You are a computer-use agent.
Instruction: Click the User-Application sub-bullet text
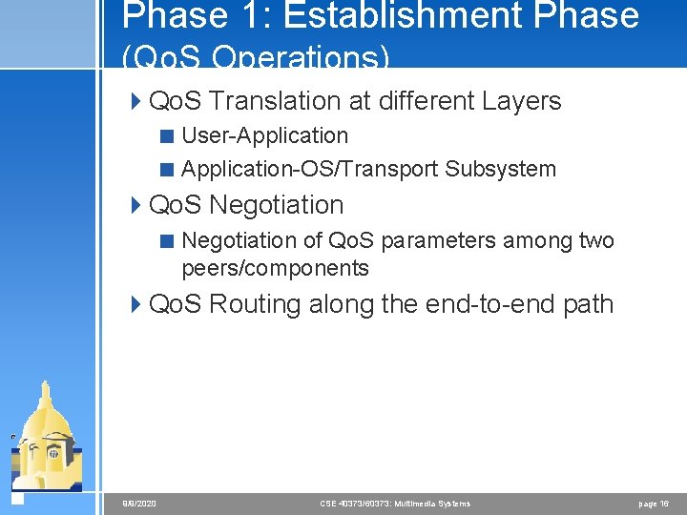pyautogui.click(x=264, y=136)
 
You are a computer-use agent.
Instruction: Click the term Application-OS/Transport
pyautogui.click(x=309, y=169)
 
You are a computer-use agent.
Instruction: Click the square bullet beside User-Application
pyautogui.click(x=167, y=136)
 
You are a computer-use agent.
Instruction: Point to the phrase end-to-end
pyautogui.click(x=473, y=304)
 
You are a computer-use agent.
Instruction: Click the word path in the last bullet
pyautogui.click(x=588, y=304)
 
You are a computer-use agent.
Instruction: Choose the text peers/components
pyautogui.click(x=275, y=268)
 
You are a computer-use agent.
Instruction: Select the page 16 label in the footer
pyautogui.click(x=653, y=503)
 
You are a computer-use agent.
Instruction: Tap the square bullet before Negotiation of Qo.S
pyautogui.click(x=167, y=240)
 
